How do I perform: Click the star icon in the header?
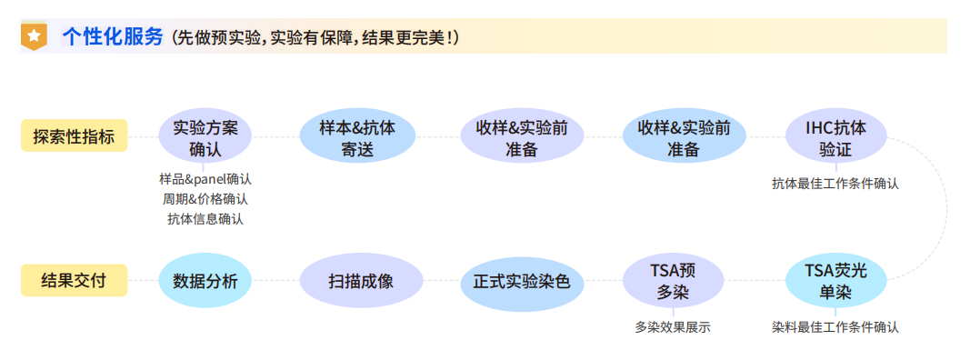[x=34, y=36]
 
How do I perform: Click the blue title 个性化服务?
[x=113, y=36]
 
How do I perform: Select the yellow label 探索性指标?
[x=74, y=137]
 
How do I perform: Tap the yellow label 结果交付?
[x=74, y=280]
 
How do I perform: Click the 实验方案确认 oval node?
[x=205, y=138]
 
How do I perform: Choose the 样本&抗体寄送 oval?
[x=357, y=138]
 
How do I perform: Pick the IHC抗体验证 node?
[x=835, y=138]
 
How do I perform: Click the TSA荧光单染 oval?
[x=835, y=281]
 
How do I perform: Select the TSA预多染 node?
[x=673, y=281]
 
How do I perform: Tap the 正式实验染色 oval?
[x=521, y=282]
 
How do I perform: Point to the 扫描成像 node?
[x=361, y=281]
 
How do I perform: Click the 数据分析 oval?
[x=205, y=281]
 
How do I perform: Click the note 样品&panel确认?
[x=205, y=179]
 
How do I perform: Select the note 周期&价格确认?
[x=205, y=198]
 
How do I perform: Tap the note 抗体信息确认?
[x=205, y=218]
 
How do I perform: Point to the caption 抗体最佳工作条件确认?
[x=835, y=183]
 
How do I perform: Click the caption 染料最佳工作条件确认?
[x=835, y=326]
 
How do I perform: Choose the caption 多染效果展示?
[x=672, y=326]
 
